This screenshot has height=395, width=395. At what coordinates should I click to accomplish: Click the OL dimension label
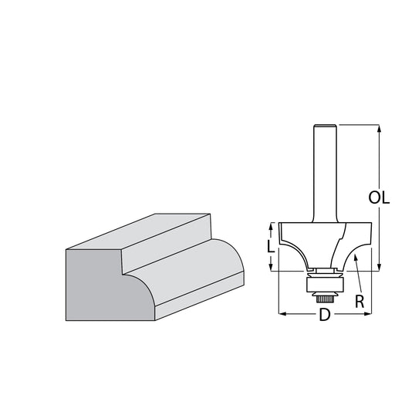379,197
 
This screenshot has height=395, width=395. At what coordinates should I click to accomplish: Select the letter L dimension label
270,246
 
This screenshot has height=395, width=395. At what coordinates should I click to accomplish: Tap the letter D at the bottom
325,314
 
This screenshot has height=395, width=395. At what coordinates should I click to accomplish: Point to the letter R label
360,302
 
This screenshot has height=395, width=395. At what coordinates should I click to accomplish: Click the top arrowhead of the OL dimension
379,129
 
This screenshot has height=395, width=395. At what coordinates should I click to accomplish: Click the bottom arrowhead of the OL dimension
379,267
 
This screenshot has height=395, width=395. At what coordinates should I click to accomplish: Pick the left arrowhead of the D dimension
283,314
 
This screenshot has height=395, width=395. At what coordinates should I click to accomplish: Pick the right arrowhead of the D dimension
367,314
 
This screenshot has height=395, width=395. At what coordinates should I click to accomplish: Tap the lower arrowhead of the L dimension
270,267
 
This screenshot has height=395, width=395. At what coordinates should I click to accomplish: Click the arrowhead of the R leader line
356,258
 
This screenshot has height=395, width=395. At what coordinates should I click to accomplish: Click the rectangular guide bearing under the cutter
325,285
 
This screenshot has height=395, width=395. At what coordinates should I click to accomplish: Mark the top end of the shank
325,125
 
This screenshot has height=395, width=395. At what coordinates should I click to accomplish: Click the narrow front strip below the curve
199,295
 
